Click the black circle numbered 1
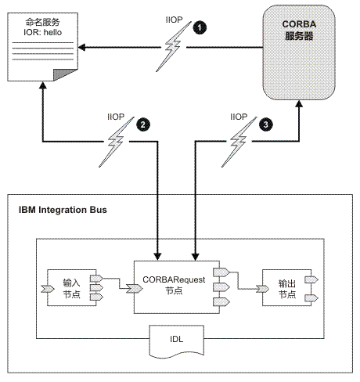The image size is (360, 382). (201, 27)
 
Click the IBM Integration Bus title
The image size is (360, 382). (64, 211)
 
